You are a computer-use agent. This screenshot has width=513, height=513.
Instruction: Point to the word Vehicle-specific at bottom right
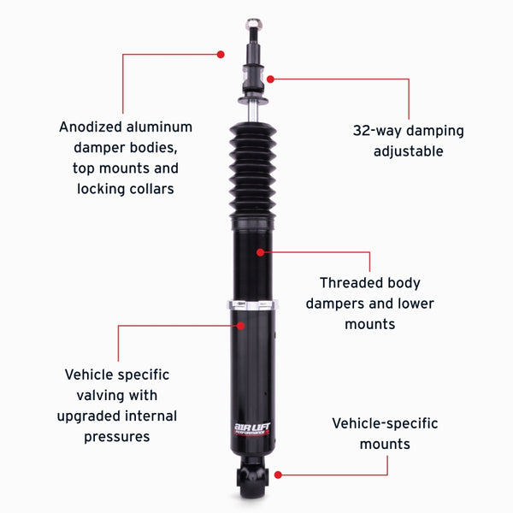[x=385, y=423]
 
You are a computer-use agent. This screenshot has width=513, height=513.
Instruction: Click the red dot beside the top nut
[x=221, y=54]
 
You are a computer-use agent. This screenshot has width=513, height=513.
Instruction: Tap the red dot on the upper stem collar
[x=270, y=79]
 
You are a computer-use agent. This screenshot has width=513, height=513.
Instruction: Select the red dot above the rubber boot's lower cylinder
[x=261, y=251]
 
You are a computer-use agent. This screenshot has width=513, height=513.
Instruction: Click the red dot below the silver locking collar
[x=242, y=325]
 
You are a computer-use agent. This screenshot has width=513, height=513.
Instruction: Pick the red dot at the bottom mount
[x=278, y=473]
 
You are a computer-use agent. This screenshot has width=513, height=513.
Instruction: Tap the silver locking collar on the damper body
[x=252, y=305]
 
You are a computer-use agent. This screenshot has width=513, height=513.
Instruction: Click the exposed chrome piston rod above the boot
[x=253, y=111]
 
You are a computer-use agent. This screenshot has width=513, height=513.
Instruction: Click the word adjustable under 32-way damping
[x=408, y=151]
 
